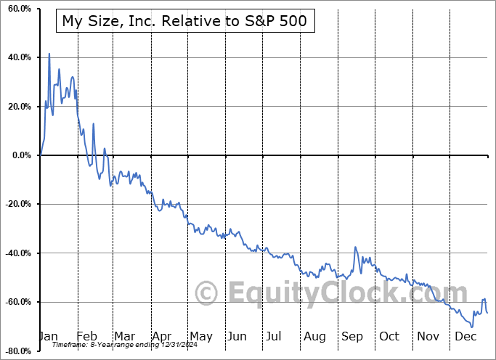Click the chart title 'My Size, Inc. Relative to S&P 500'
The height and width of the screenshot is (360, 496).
tap(184, 21)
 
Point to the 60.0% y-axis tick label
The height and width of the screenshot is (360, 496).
tap(19, 9)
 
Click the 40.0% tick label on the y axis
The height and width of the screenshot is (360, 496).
tap(19, 57)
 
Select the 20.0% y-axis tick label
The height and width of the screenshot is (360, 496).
tap(19, 107)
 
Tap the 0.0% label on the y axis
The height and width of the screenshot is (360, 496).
tap(21, 155)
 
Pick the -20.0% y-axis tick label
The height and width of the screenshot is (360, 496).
tap(17, 204)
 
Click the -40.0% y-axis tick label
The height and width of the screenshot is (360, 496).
tap(17, 253)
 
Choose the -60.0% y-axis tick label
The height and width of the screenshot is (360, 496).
tap(17, 302)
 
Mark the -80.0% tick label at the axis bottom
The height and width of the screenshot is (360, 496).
tap(17, 351)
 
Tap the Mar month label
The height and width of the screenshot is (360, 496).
tap(125, 336)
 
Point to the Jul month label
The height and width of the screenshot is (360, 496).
tap(275, 336)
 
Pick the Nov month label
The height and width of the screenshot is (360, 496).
tap(428, 336)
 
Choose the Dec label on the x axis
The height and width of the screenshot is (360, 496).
tap(465, 336)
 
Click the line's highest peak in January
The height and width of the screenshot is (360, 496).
tap(49, 54)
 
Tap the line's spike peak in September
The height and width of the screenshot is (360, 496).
tap(356, 247)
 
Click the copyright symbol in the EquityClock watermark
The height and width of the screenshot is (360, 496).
tap(207, 293)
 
